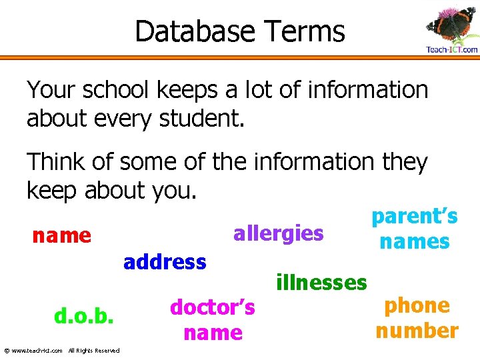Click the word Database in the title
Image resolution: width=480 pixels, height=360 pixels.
click(x=195, y=31)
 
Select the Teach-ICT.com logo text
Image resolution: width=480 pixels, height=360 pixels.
click(x=451, y=50)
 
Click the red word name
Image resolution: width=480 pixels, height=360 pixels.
click(x=62, y=235)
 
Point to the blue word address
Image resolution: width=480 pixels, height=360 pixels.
click(x=165, y=262)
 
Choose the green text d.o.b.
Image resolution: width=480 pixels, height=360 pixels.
click(x=85, y=317)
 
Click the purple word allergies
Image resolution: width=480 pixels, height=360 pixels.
click(x=278, y=234)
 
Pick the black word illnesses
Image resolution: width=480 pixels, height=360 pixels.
click(x=321, y=283)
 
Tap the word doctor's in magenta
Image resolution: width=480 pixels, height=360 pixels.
click(x=213, y=307)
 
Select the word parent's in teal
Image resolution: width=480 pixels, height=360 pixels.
click(x=414, y=217)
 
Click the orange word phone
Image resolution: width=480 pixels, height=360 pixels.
click(x=417, y=305)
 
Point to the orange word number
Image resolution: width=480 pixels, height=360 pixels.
click(x=417, y=331)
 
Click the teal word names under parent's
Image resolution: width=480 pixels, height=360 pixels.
click(x=414, y=241)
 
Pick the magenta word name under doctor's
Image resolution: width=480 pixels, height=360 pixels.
click(x=213, y=333)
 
